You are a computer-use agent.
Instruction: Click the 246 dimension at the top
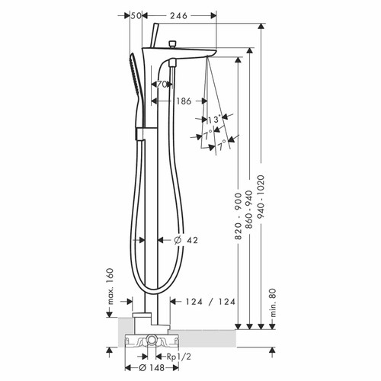point(178,15)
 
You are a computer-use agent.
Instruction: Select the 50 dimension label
point(136,15)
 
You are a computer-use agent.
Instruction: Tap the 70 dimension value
point(163,85)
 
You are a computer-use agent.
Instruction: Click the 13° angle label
point(213,120)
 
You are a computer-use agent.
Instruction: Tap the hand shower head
point(136,72)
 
